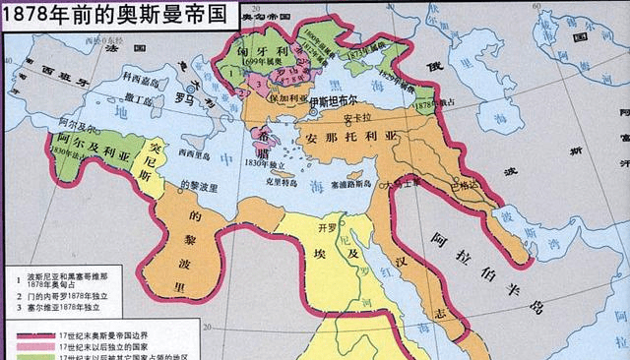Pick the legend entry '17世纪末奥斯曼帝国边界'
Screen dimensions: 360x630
click(99, 335)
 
